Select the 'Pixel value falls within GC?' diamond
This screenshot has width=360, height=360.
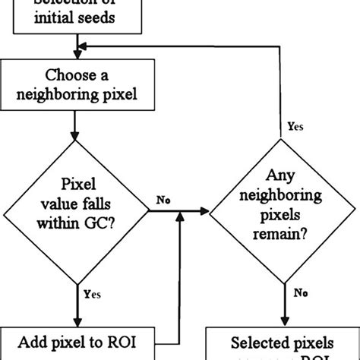[x=77, y=206]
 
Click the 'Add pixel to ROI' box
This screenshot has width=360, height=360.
[x=77, y=341]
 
